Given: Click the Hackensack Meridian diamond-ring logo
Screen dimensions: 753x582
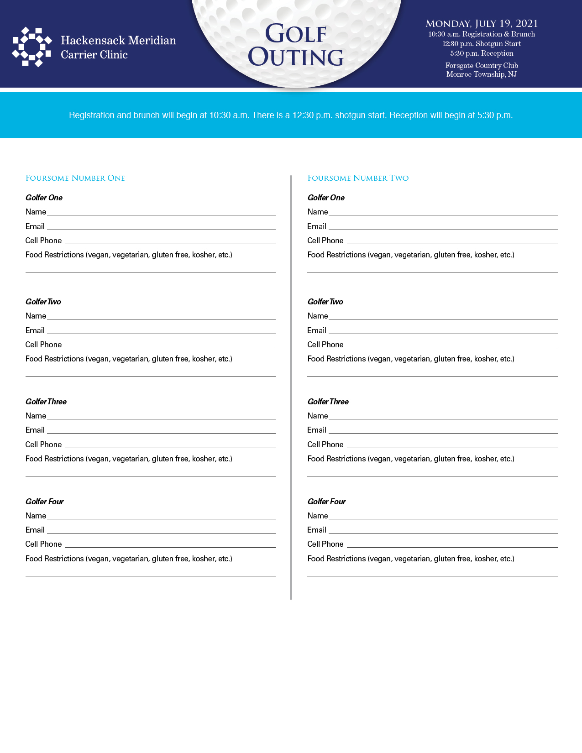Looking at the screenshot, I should [x=31, y=47].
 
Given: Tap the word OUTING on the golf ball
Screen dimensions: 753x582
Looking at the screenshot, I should [x=296, y=58].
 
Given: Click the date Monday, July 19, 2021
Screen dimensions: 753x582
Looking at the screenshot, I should [x=482, y=24].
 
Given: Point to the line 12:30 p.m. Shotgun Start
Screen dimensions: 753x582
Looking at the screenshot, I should [x=482, y=44].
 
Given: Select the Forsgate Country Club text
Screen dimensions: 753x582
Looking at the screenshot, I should [x=482, y=66].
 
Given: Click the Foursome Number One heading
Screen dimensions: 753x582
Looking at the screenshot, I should [x=75, y=178].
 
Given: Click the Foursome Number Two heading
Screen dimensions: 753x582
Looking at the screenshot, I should [x=358, y=178].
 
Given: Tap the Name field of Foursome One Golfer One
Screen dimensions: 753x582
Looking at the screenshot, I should [x=161, y=211].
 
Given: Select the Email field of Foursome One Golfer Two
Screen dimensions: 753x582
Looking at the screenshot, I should [x=161, y=330].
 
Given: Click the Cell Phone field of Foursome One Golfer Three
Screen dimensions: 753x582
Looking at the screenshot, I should [x=170, y=444].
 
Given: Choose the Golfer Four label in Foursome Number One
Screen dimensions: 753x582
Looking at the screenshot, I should [x=45, y=502].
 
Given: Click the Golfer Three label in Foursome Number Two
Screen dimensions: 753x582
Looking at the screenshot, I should [x=328, y=402].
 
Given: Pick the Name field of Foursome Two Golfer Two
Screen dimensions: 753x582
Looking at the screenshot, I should [x=443, y=315].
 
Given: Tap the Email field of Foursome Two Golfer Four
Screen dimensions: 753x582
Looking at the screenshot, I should [x=443, y=529].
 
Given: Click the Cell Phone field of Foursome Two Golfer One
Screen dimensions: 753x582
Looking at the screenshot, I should [x=452, y=240].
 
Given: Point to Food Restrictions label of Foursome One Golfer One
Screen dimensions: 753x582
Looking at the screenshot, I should [x=129, y=255].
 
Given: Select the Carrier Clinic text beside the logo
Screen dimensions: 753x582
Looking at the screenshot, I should [x=94, y=55].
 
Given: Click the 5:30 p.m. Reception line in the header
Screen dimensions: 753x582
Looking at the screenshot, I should [x=482, y=53].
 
